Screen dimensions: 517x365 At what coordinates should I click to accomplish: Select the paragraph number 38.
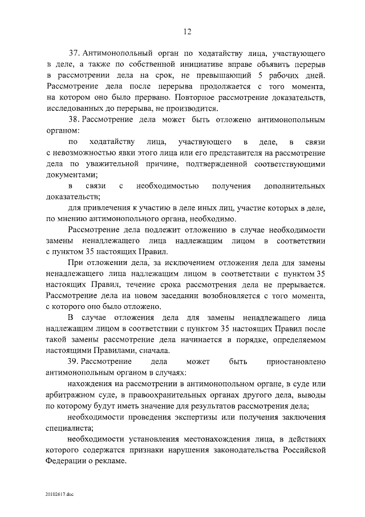pos(72,120)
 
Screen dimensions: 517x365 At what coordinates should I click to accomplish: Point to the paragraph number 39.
pos(72,362)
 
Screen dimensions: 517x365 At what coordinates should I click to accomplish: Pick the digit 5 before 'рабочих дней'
pos(254,76)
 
